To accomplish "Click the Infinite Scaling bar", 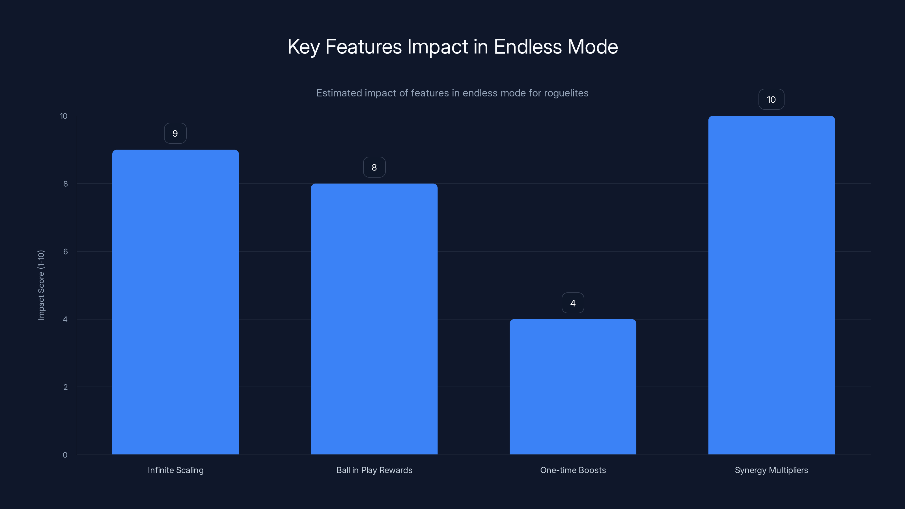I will pos(175,302).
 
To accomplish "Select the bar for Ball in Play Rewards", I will pos(374,319).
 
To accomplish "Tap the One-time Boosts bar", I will pos(573,386).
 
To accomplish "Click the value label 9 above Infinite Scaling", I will pos(175,133).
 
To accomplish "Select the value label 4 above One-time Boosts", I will pos(573,303).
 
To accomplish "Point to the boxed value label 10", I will pos(771,100).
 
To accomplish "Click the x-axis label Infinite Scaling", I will pos(175,470).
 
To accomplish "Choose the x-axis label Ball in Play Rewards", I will pos(374,470).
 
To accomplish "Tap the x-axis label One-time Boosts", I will pos(573,470).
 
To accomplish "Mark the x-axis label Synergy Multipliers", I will pos(771,470).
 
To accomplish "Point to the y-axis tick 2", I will pos(65,387).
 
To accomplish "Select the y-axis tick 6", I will pos(65,251).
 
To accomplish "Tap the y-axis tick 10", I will pos(64,116).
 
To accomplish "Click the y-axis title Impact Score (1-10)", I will pos(41,285).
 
